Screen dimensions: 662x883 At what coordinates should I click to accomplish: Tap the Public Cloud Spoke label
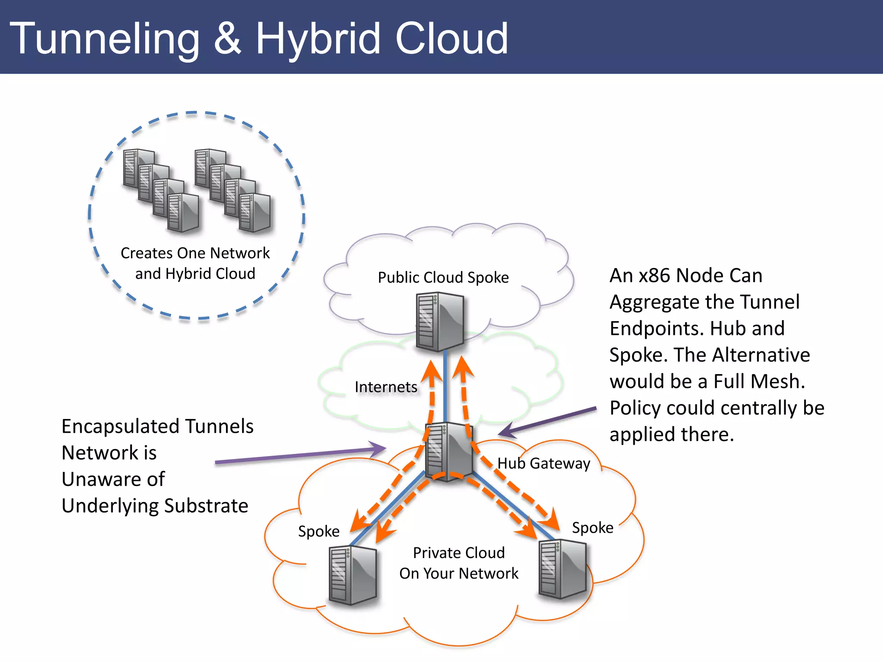(x=443, y=278)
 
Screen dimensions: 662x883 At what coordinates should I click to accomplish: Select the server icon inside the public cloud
(x=440, y=321)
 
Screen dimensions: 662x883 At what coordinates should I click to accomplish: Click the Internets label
(x=385, y=387)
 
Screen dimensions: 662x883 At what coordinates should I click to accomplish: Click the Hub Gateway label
(x=543, y=463)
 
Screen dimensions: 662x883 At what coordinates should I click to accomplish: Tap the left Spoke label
(x=319, y=531)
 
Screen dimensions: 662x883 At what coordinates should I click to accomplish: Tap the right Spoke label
(x=592, y=528)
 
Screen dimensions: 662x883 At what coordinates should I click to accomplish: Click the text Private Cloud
(x=459, y=553)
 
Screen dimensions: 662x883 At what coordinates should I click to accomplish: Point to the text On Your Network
(x=459, y=574)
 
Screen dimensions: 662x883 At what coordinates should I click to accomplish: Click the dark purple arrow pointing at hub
(x=548, y=420)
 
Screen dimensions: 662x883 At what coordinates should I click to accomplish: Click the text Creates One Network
(x=195, y=253)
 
